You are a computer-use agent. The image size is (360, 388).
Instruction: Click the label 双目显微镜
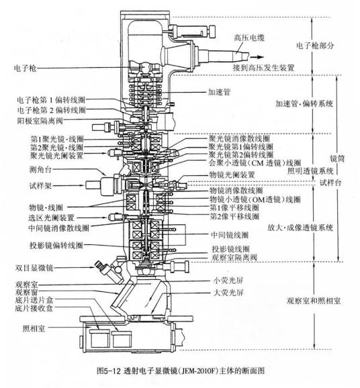click(x=36, y=266)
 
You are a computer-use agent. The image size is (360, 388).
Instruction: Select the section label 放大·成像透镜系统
click(x=299, y=227)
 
